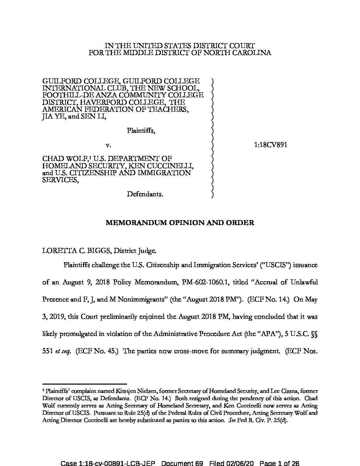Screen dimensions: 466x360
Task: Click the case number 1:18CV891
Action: coord(271,145)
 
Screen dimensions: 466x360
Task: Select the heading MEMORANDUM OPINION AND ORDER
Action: coord(180,223)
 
